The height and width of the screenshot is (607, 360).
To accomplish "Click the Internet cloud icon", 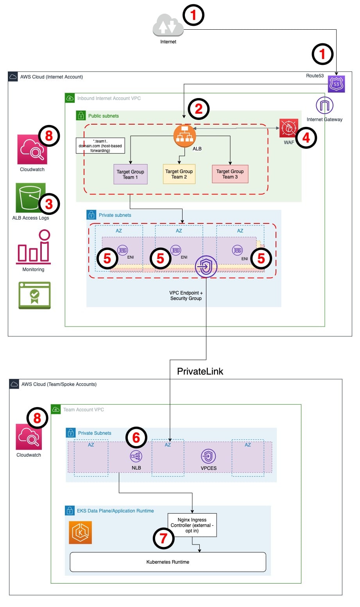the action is (x=168, y=25).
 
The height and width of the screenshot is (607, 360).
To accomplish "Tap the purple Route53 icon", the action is (x=336, y=84).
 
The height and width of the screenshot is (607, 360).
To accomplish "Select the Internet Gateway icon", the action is (x=324, y=105).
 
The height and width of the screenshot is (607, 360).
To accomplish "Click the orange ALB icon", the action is (x=184, y=136).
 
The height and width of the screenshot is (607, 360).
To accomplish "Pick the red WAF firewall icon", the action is (x=289, y=128).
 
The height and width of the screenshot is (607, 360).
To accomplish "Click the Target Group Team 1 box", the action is (x=131, y=174).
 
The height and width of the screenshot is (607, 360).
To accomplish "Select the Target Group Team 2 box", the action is (x=179, y=174).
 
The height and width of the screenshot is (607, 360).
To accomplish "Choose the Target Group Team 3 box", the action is (x=230, y=174).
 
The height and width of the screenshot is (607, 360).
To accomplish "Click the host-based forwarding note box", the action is (x=100, y=146).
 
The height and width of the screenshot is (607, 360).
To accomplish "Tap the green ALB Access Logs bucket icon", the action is (x=30, y=198).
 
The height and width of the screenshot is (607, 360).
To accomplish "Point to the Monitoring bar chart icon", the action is (x=33, y=247).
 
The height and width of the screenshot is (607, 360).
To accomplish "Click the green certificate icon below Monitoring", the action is (x=34, y=295).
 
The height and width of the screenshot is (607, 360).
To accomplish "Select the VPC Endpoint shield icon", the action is (x=206, y=267).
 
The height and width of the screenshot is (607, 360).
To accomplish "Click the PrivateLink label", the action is (x=200, y=371).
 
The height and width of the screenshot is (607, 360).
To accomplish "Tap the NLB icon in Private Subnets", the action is (x=136, y=456).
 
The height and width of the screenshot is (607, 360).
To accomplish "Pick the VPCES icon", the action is (x=208, y=456).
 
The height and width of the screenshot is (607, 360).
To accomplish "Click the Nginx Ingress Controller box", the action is (x=192, y=525).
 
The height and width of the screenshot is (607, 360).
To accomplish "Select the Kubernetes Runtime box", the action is (x=168, y=562).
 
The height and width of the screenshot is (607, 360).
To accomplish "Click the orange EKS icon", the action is (x=80, y=532).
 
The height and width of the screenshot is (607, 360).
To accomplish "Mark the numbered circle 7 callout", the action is (x=163, y=538).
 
